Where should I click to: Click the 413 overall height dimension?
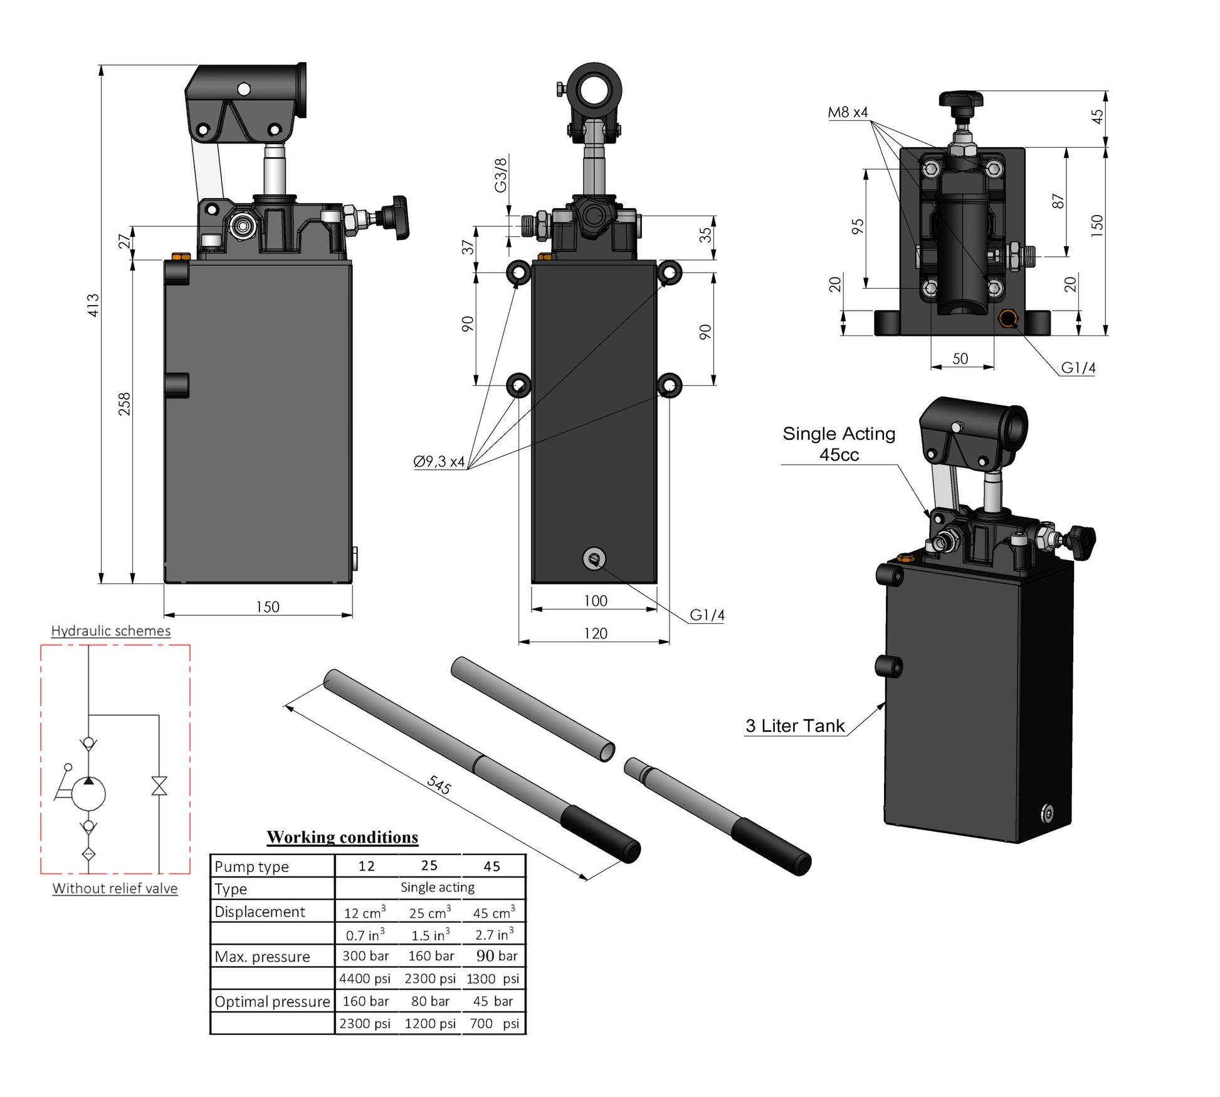[x=93, y=305]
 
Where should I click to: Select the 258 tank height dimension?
[x=125, y=404]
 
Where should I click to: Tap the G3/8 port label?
[x=500, y=175]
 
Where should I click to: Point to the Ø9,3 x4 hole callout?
[x=439, y=462]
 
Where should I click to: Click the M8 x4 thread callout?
[x=848, y=112]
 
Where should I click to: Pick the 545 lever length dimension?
[x=439, y=784]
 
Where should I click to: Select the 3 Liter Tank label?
[x=795, y=725]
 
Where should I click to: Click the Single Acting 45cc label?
[x=839, y=444]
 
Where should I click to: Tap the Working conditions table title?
[x=342, y=837]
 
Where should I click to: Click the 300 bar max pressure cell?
[x=365, y=956]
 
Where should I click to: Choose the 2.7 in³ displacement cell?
[x=494, y=935]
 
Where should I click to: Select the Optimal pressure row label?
[x=271, y=1001]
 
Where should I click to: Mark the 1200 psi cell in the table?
[x=430, y=1024]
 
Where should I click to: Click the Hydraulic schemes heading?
[x=111, y=631]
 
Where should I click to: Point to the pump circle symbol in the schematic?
[x=89, y=794]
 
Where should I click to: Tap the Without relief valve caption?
[x=115, y=888]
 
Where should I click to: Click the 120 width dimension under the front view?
[x=595, y=633]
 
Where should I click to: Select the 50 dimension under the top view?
[x=960, y=358]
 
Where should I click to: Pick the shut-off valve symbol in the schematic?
[x=159, y=786]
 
